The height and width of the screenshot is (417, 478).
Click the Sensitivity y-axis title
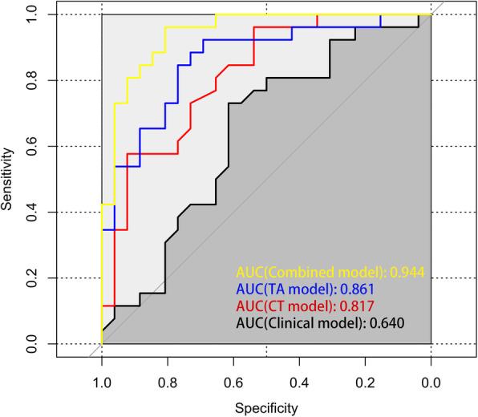(9, 178)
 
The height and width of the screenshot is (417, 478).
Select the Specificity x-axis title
(266, 407)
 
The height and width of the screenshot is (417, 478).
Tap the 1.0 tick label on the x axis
(102, 383)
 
